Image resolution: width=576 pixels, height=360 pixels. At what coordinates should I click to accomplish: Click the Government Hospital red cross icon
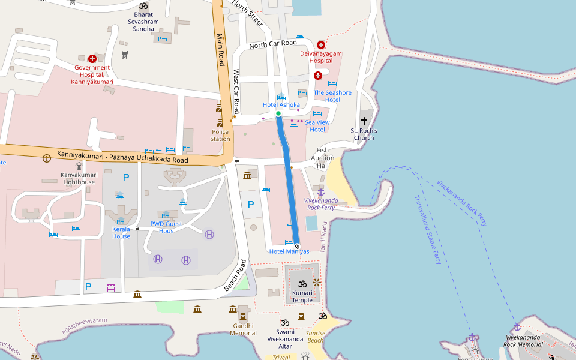pos(92,59)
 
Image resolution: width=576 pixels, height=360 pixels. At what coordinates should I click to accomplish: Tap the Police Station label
pos(220,135)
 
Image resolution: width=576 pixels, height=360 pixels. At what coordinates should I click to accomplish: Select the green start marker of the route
pos(278,113)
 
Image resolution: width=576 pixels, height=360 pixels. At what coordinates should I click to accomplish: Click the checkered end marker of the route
pos(296,246)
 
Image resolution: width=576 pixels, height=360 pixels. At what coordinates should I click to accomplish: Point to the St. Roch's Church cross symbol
pos(364,121)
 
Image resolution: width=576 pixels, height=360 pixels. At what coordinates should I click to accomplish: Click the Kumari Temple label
pos(302,296)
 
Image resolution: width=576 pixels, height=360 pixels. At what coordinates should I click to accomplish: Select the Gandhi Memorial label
pos(244,329)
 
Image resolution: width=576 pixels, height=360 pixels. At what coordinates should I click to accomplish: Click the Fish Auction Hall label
pos(323,158)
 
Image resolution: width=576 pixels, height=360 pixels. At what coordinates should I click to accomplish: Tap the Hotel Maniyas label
pos(289,251)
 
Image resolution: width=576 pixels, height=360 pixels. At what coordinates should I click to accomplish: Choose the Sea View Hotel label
pos(317,126)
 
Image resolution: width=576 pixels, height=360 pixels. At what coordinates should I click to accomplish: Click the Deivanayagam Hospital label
pos(321,57)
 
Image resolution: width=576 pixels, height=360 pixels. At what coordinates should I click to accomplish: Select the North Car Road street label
pos(272,44)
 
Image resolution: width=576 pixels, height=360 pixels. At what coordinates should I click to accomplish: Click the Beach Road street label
pos(235,275)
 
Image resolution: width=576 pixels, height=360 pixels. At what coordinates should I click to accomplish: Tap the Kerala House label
pos(121,232)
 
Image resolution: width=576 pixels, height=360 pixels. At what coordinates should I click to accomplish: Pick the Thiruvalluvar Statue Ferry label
pos(428,230)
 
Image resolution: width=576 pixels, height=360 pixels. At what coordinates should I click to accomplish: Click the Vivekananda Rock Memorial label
pos(523,341)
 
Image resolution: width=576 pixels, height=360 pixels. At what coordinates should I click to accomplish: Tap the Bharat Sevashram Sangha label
pos(143,21)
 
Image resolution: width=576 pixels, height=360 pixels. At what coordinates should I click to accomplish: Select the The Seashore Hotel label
pos(332,96)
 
